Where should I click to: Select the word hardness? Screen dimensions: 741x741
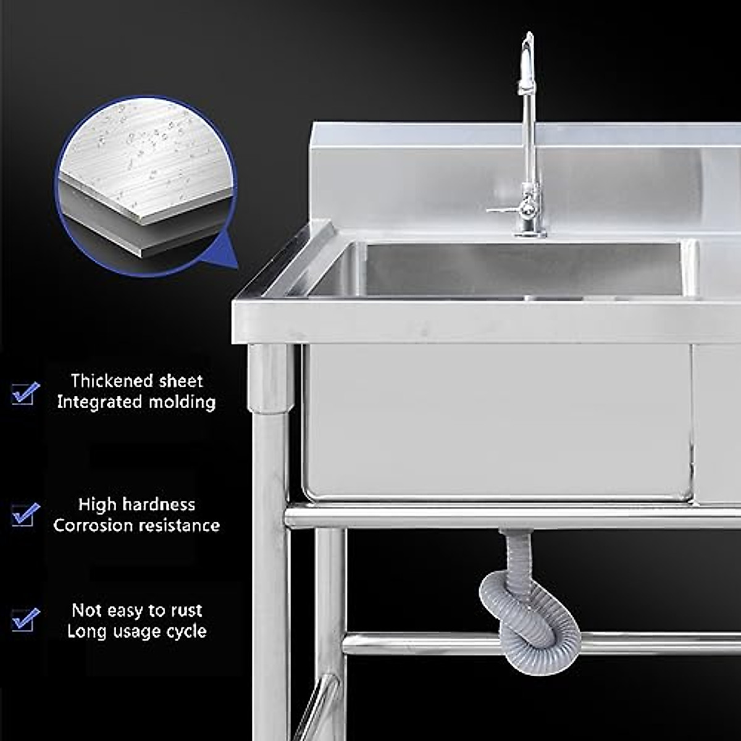157,504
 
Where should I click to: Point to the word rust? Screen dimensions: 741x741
186,611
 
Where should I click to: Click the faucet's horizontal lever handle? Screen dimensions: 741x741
503,211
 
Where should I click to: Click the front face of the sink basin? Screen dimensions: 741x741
494,420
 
